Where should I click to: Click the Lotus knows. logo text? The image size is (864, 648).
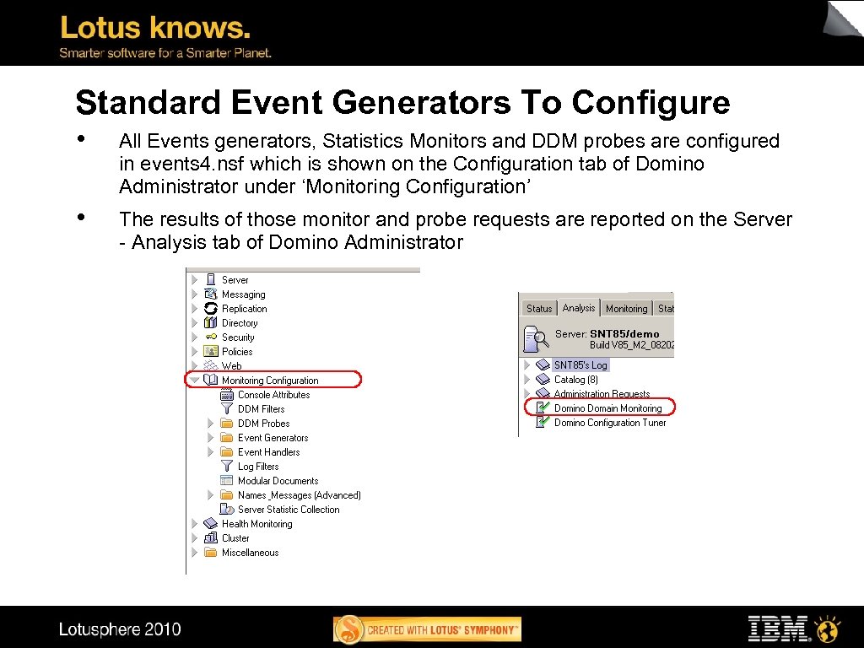point(155,28)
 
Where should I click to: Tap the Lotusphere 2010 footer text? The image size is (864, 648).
point(120,629)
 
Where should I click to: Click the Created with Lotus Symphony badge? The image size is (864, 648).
point(428,629)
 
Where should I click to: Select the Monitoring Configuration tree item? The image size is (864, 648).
point(270,381)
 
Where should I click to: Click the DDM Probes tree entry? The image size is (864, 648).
point(263,424)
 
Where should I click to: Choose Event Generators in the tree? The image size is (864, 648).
point(273,438)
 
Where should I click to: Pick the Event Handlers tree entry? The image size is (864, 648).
point(268,452)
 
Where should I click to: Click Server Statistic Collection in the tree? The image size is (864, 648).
point(289,510)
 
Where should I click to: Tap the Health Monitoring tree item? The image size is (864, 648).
point(256,524)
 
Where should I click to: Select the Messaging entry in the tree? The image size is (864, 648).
point(243,294)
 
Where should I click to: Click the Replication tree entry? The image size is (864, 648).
point(244,309)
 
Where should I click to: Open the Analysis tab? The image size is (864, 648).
point(579,308)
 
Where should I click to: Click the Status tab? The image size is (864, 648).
point(539,309)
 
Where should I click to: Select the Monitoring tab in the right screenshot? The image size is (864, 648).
point(626,309)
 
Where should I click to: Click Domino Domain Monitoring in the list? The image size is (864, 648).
point(607,408)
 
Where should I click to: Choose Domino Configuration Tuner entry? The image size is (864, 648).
point(609,423)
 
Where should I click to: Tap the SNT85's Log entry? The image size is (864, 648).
point(580,365)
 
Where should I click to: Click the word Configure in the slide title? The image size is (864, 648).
point(651,103)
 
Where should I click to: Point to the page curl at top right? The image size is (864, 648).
point(844,19)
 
